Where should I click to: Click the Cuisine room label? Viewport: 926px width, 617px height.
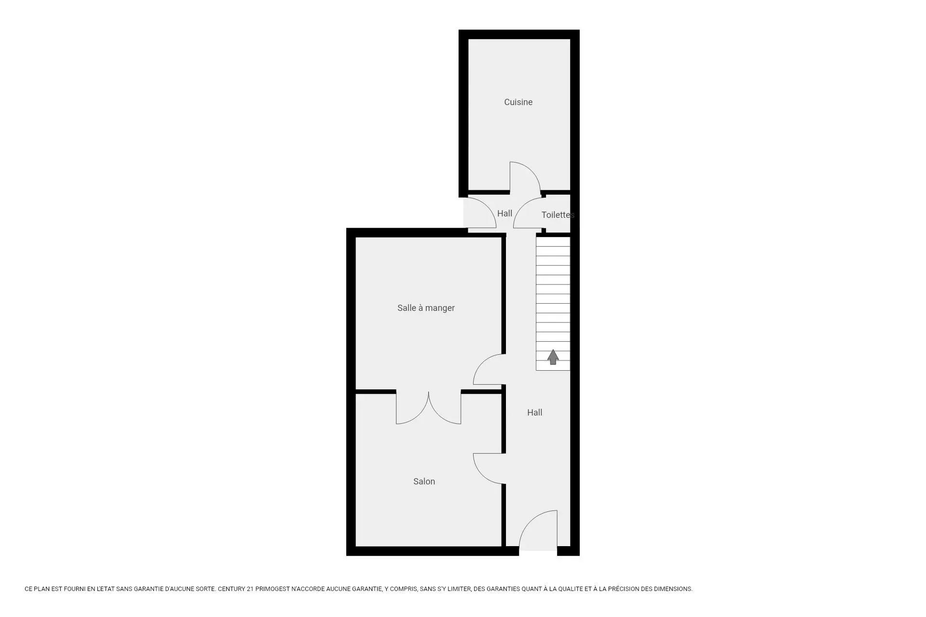click(x=518, y=102)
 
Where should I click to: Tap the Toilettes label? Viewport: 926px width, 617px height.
click(x=558, y=215)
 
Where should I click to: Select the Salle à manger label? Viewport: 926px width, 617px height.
click(x=426, y=308)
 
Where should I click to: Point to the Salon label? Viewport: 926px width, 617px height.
click(x=424, y=482)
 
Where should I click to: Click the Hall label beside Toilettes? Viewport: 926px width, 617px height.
click(x=504, y=214)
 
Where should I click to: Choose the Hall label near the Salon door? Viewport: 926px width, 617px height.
click(x=534, y=413)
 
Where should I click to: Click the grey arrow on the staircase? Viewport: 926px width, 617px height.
click(x=553, y=357)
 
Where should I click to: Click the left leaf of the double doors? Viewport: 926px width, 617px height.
click(x=419, y=415)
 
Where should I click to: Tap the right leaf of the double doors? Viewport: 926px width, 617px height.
click(x=438, y=415)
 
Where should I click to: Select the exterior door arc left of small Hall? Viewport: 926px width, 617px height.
click(x=487, y=206)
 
